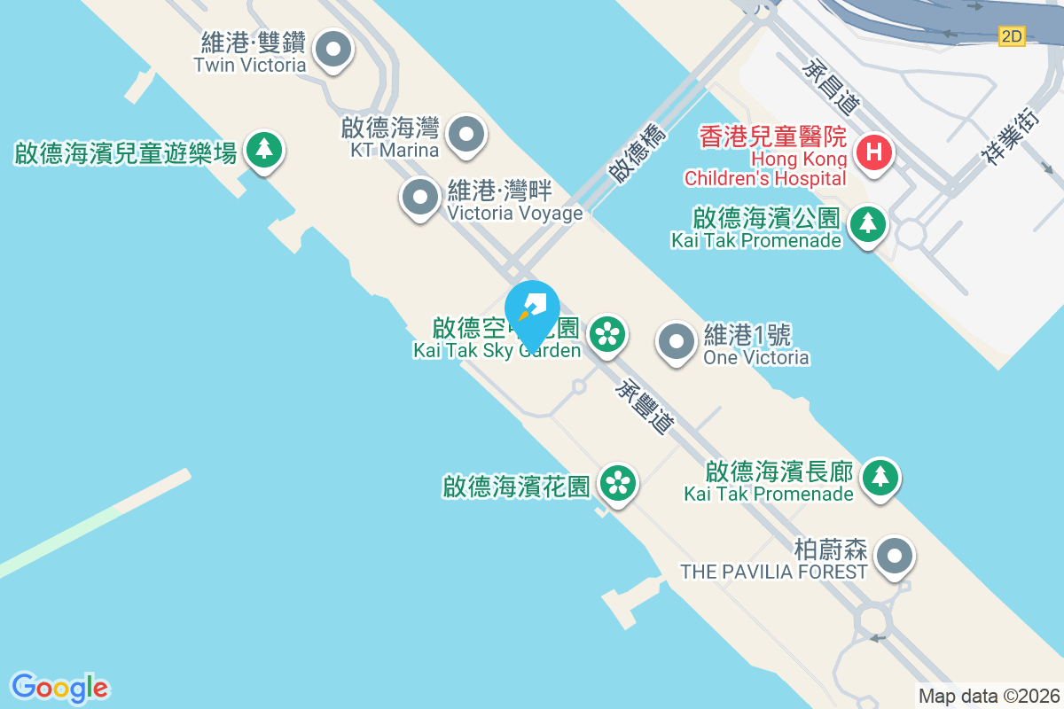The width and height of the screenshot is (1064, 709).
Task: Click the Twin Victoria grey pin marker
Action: (x=333, y=51)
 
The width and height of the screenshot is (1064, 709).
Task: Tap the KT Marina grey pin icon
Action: (x=466, y=136)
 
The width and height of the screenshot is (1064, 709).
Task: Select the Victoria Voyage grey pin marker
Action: (x=420, y=198)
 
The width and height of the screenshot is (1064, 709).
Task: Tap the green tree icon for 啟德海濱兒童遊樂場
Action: (x=263, y=149)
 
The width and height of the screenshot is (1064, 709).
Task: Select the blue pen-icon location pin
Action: (x=532, y=312)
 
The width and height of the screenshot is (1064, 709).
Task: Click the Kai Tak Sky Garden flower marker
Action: (x=607, y=334)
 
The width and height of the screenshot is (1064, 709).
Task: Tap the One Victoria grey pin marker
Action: (x=677, y=341)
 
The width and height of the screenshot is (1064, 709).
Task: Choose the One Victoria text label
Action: (x=755, y=346)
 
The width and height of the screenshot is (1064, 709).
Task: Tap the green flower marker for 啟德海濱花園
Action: (x=618, y=483)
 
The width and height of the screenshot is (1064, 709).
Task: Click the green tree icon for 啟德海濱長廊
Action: (x=880, y=477)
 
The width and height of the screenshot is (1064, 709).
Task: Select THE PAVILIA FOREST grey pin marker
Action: (x=895, y=557)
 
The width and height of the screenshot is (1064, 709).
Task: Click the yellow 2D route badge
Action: (x=1012, y=36)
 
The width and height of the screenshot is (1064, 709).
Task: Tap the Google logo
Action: (x=59, y=687)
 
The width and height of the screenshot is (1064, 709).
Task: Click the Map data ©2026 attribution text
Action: (x=988, y=697)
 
